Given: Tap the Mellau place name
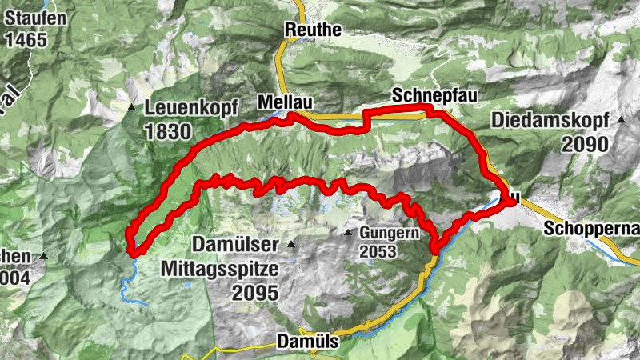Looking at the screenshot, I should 284,102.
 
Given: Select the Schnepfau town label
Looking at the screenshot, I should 434,96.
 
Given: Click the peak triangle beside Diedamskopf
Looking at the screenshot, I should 622,120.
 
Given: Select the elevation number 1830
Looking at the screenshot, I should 170,131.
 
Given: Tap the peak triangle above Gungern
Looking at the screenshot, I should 348,233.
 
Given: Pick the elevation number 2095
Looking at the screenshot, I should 255,292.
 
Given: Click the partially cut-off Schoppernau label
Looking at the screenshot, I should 591,230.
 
